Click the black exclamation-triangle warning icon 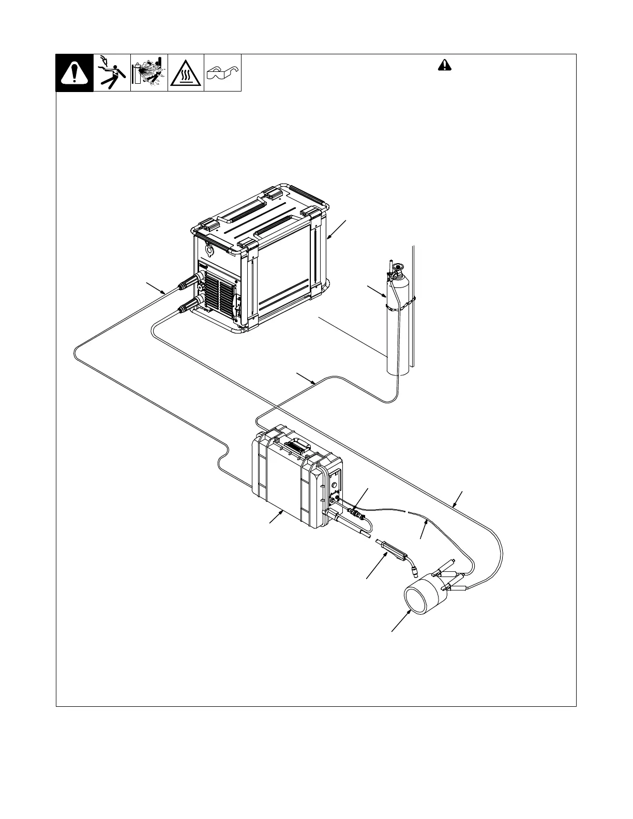coord(74,73)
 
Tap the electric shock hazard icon coord(112,73)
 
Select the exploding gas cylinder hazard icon coord(149,73)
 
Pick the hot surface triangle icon coord(186,73)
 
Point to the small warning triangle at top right coord(444,65)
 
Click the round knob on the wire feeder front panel coord(334,484)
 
